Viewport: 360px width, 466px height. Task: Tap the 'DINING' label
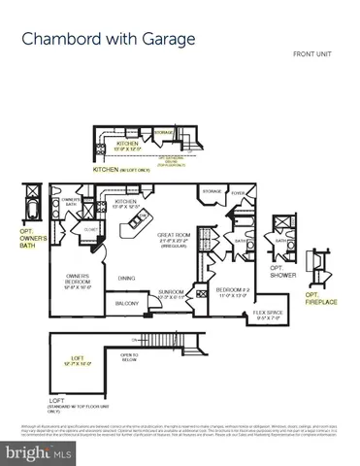pyautogui.click(x=127, y=279)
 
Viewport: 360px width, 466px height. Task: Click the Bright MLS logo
pyautogui.click(x=35, y=452)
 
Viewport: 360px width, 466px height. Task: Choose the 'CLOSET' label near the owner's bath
pyautogui.click(x=89, y=231)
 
